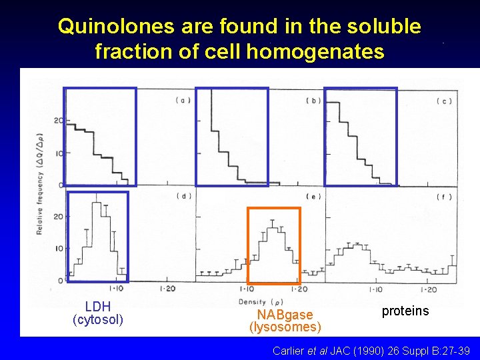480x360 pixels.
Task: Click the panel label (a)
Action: (183, 101)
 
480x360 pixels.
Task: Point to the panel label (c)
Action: (444, 101)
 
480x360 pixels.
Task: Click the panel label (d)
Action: (183, 196)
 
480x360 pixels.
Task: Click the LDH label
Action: (98, 307)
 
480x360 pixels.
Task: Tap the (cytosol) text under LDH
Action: (98, 320)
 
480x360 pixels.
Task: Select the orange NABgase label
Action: (285, 315)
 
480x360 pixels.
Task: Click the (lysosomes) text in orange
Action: (285, 327)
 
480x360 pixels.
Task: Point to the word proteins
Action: (405, 311)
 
